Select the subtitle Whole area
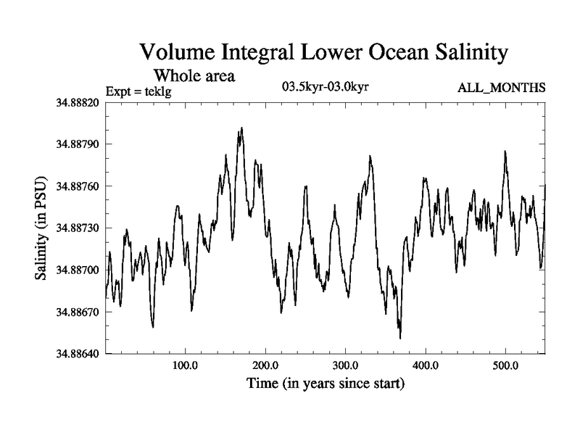[194, 75]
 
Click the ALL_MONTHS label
[501, 88]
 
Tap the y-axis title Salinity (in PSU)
[41, 228]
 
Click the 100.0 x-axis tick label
[186, 364]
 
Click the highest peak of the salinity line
[241, 128]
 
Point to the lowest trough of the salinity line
[400, 338]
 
